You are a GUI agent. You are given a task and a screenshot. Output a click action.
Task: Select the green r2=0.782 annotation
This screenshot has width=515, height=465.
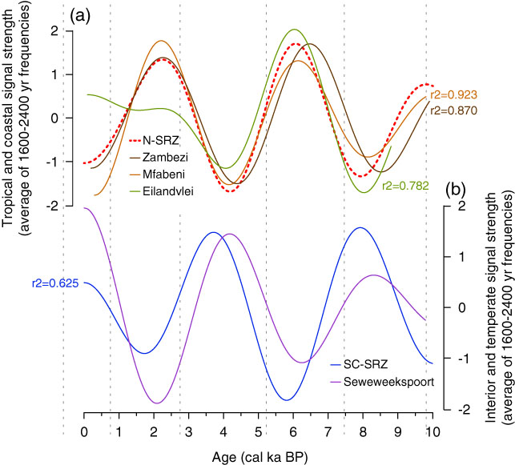point(404,185)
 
